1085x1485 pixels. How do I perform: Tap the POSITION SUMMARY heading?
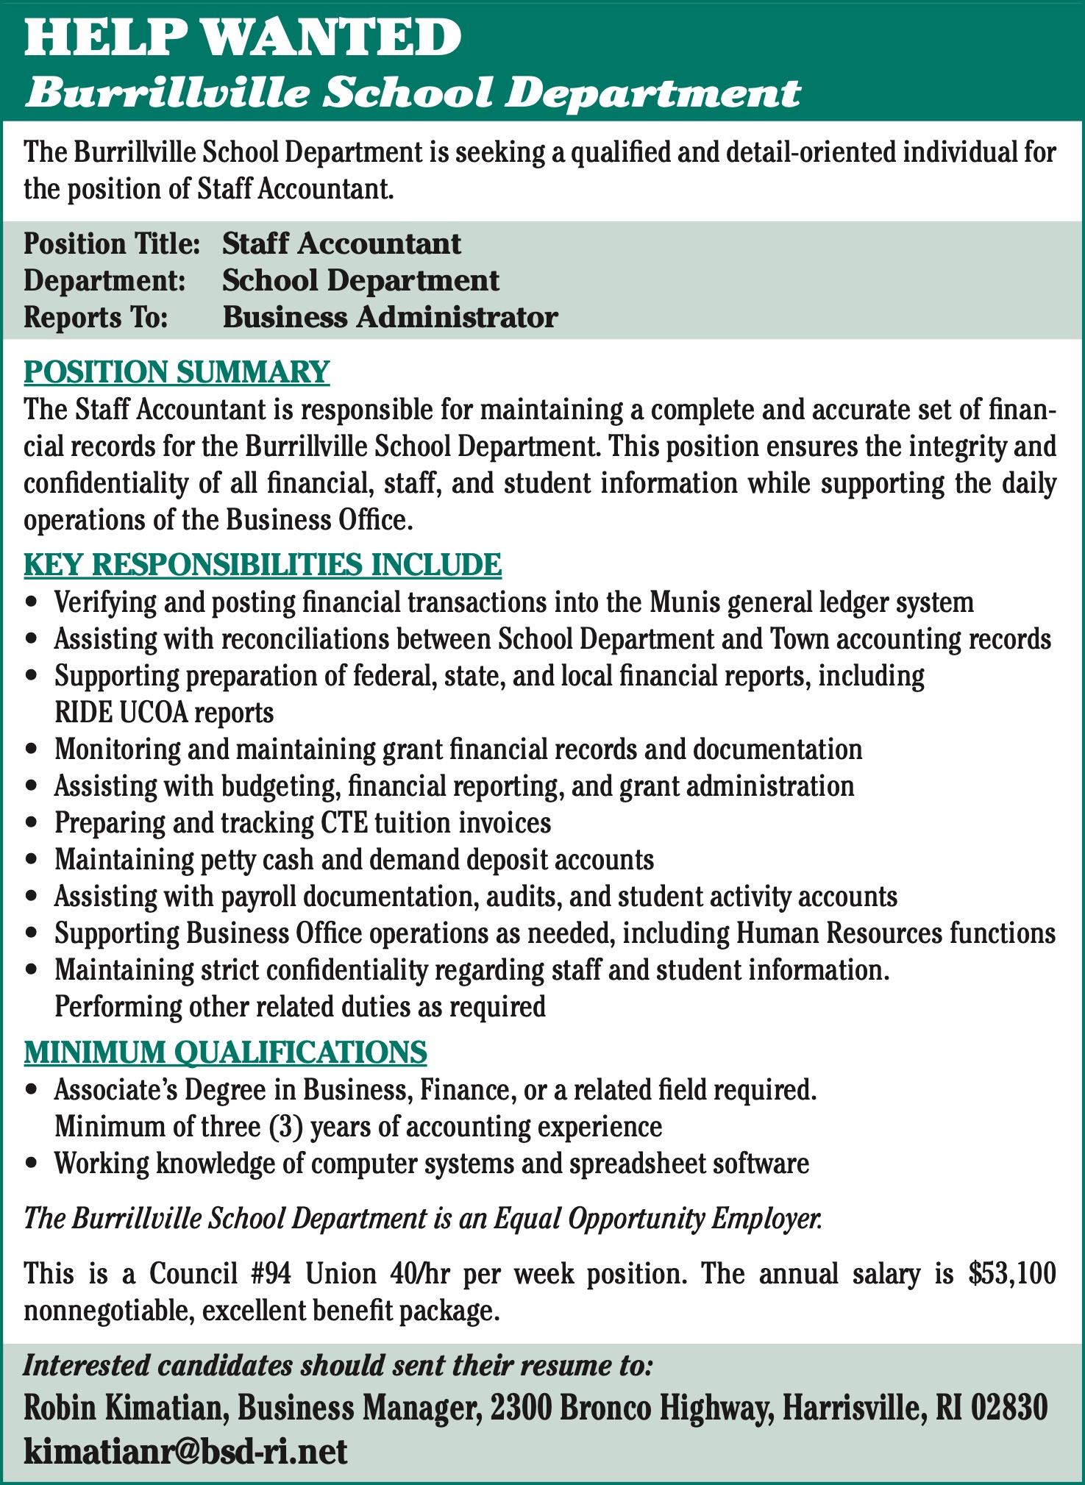tap(177, 372)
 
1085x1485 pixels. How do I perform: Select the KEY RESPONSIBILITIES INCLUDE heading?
tap(263, 565)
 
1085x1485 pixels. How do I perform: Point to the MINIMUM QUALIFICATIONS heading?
tap(225, 1053)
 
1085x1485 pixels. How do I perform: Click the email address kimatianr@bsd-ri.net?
tap(185, 1452)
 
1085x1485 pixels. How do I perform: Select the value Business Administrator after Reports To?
tap(390, 318)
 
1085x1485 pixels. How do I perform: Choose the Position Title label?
tap(112, 244)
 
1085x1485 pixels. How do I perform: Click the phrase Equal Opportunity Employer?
tap(657, 1219)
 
